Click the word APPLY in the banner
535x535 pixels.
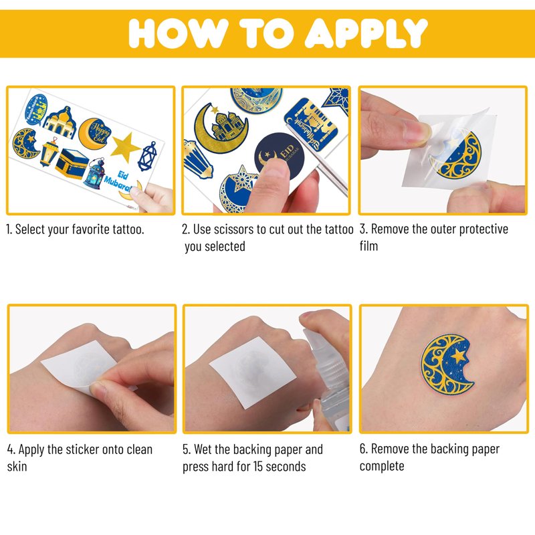click(366, 33)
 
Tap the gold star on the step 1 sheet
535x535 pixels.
click(125, 147)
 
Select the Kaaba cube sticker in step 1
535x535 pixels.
click(72, 164)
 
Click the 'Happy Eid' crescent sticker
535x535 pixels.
click(95, 133)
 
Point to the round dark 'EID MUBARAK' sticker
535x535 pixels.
click(279, 155)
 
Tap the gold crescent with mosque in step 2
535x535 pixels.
click(221, 128)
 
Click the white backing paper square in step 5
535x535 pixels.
click(253, 372)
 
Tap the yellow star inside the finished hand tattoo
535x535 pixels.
click(457, 356)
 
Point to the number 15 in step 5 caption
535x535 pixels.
click(257, 466)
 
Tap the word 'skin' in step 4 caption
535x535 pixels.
click(17, 466)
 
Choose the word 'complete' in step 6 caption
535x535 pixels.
click(382, 466)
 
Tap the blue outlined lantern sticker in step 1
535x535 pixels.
click(147, 156)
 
